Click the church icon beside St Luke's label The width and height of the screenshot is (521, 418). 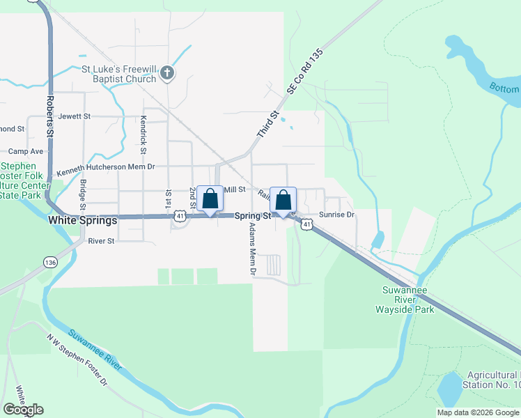[x=166, y=72]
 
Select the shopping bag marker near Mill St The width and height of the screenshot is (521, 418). [x=210, y=199]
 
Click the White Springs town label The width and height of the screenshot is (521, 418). [x=83, y=219]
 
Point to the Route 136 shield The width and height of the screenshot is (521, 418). [x=49, y=262]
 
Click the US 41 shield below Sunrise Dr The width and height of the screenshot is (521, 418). [x=307, y=224]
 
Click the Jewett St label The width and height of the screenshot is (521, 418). [x=76, y=116]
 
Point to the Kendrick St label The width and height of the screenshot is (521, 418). [x=143, y=134]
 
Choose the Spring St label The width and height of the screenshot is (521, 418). [x=252, y=216]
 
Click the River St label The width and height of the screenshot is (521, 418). [x=101, y=241]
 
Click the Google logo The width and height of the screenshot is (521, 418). [x=23, y=410]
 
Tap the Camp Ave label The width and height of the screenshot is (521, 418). [x=26, y=151]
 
